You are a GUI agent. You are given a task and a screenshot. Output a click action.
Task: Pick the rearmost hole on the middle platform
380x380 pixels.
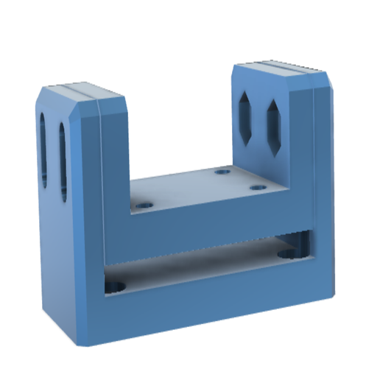click(x=222, y=172)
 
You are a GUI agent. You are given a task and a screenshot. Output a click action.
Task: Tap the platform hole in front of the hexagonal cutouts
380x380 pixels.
click(x=257, y=188)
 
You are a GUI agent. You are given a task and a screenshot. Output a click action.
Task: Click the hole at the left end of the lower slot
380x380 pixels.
click(x=115, y=285)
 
